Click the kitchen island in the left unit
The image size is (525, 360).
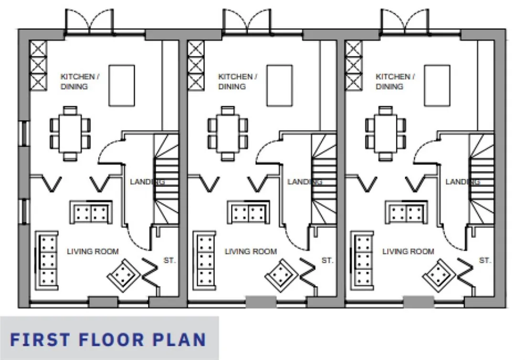(122, 86)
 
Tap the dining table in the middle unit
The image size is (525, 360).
(228, 133)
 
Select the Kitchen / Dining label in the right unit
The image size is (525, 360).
(395, 82)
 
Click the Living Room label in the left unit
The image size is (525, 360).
(93, 251)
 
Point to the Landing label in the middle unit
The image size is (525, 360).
(304, 182)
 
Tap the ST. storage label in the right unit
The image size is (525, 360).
(485, 260)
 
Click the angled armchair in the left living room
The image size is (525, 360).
(123, 275)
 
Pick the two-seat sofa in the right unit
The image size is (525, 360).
(406, 212)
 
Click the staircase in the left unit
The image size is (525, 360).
(166, 179)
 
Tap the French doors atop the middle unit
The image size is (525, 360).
(247, 21)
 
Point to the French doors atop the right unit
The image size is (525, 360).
(405, 21)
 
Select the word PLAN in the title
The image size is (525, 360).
(179, 339)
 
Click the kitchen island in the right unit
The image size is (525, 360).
(437, 86)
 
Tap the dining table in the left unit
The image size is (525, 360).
(70, 133)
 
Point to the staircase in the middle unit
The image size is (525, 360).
(324, 179)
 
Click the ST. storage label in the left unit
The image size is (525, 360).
(169, 260)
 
